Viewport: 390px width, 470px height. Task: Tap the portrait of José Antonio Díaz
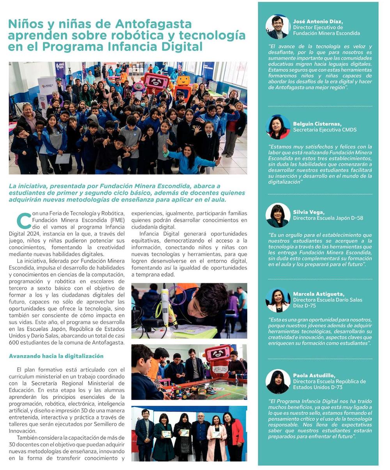278,27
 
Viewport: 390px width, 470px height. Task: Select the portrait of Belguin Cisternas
278,127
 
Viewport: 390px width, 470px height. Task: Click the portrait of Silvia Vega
278,215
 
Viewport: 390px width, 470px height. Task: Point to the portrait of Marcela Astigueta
278,300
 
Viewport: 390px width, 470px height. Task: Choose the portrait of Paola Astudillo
278,382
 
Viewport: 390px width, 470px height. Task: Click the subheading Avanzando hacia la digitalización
56,356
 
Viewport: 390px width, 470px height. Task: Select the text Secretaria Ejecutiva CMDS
324,130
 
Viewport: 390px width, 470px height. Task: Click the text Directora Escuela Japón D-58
328,218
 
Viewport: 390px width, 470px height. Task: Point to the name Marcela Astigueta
319,294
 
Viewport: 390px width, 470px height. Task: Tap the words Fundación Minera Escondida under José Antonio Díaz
326,34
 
